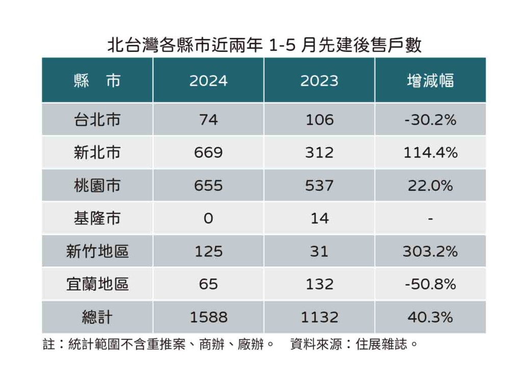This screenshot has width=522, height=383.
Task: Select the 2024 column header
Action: coord(208,81)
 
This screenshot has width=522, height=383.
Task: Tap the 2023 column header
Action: coord(319,81)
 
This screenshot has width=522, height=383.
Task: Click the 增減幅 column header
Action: coord(430,81)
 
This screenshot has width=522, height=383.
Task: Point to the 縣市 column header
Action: coord(97,81)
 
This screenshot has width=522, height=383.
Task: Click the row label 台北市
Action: coord(97,120)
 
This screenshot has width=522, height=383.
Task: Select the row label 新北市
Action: coord(97,152)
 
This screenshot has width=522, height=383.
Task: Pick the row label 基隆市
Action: coord(97,218)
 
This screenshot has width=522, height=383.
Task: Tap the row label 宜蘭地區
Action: coord(97,284)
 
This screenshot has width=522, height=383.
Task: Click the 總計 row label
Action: coord(97,317)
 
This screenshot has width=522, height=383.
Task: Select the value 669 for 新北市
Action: coord(208,152)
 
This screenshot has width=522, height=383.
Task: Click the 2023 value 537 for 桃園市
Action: coord(319,186)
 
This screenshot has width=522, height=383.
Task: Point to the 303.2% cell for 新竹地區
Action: coord(430,251)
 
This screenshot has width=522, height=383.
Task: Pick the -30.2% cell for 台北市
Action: coord(430,120)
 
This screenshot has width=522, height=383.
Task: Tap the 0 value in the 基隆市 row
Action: coord(208,218)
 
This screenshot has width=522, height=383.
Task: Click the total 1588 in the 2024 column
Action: coord(208,317)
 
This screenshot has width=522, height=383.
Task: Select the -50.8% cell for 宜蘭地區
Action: coord(430,284)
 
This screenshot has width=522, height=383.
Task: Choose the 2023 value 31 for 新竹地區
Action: coord(319,251)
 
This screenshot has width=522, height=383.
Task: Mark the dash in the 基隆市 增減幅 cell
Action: coord(430,219)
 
